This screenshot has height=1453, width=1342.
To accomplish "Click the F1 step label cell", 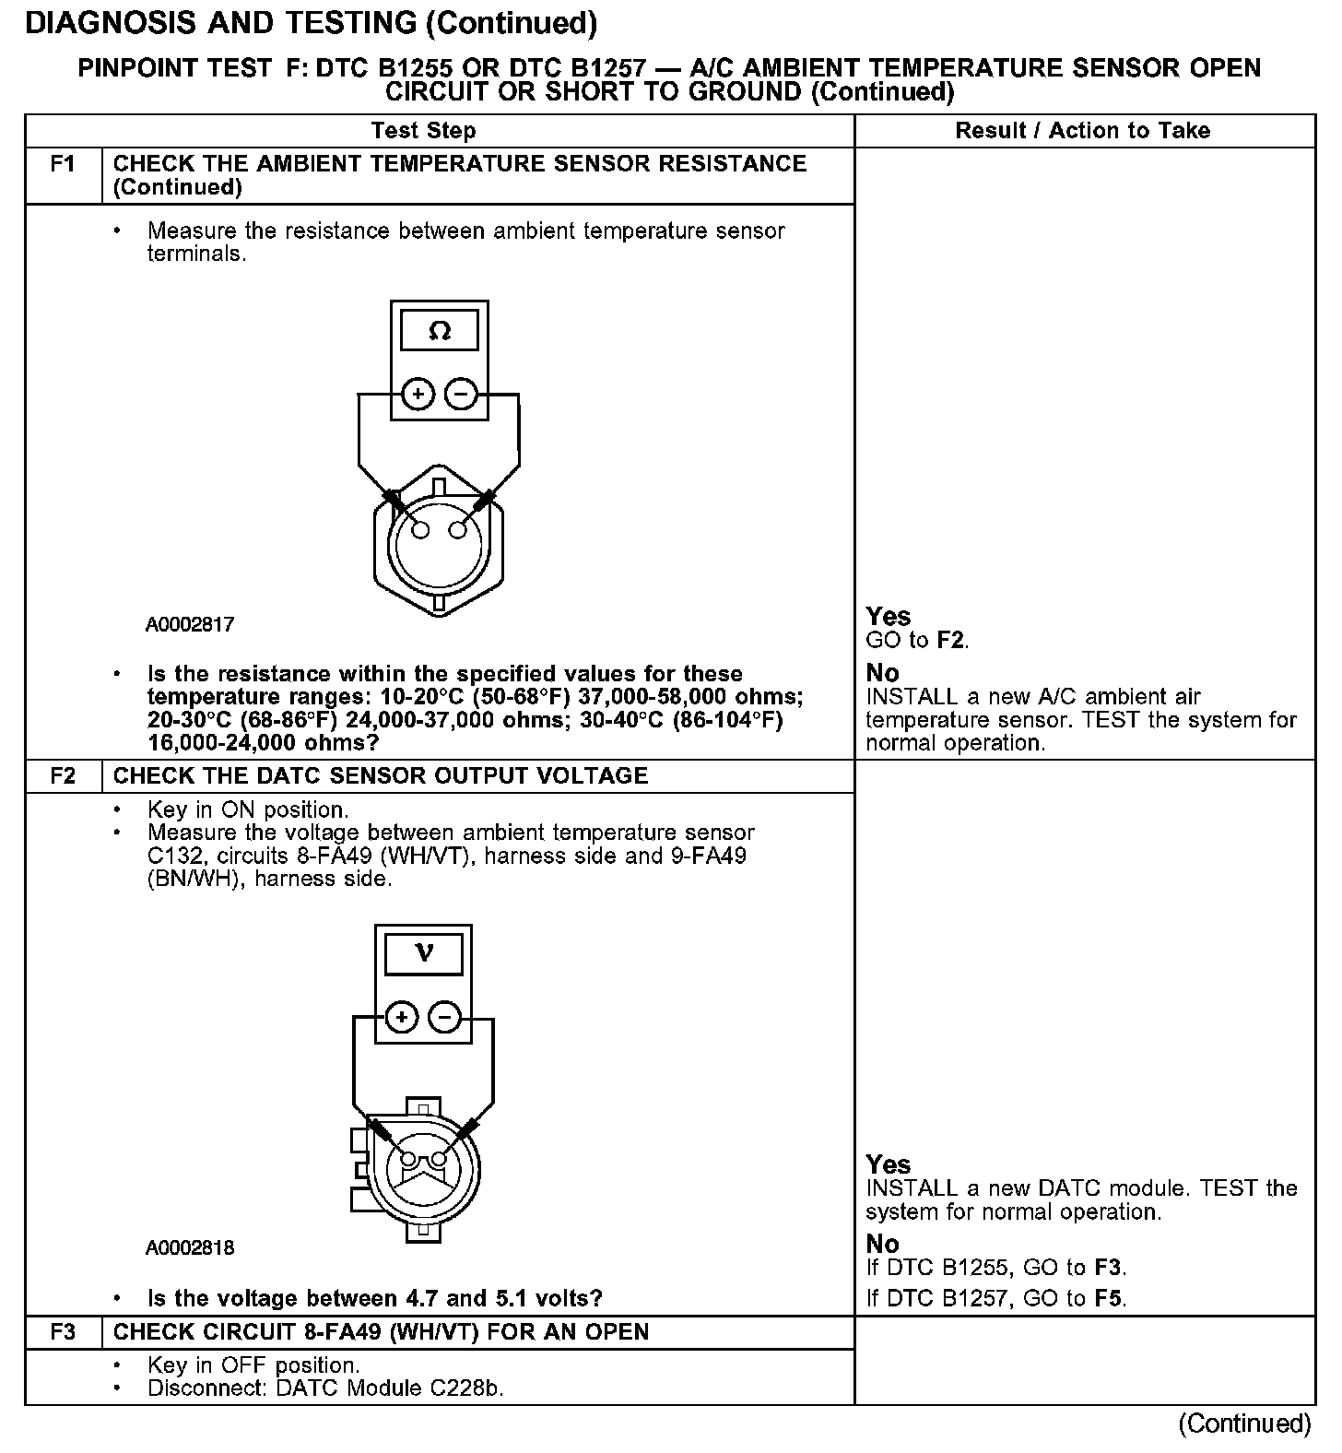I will (x=63, y=164).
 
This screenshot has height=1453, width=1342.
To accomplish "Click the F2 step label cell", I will (x=63, y=775).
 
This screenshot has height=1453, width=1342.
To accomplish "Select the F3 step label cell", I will (x=63, y=1332).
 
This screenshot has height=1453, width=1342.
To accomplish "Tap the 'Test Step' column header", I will (x=423, y=131).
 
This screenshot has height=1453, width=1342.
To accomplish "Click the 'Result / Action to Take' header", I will (x=1082, y=131).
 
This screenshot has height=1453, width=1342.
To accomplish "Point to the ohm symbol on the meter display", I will (x=440, y=331).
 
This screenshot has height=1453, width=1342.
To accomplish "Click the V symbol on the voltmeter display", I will (x=423, y=952).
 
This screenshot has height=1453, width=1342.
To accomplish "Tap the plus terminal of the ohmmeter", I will (x=418, y=395).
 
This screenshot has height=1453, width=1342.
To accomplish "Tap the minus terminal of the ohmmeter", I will (x=461, y=395).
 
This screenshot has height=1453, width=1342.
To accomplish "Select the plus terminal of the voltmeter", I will (x=401, y=1018).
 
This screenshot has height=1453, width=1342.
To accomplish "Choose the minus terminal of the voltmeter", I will (x=445, y=1018).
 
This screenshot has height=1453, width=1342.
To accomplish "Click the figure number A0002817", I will (x=190, y=624).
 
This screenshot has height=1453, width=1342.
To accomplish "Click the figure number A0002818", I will (x=190, y=1248).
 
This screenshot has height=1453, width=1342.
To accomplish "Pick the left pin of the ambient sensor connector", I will (x=420, y=530).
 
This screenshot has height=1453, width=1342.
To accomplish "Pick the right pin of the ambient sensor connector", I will (x=458, y=530).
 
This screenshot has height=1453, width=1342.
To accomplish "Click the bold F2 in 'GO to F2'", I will (x=950, y=640).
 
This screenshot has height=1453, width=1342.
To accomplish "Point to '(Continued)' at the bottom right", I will (x=1243, y=1423).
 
